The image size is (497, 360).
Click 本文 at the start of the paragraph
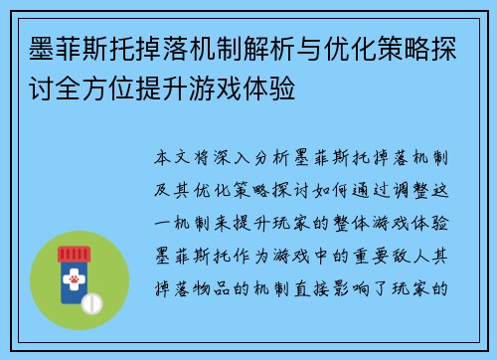coord(176,158)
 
